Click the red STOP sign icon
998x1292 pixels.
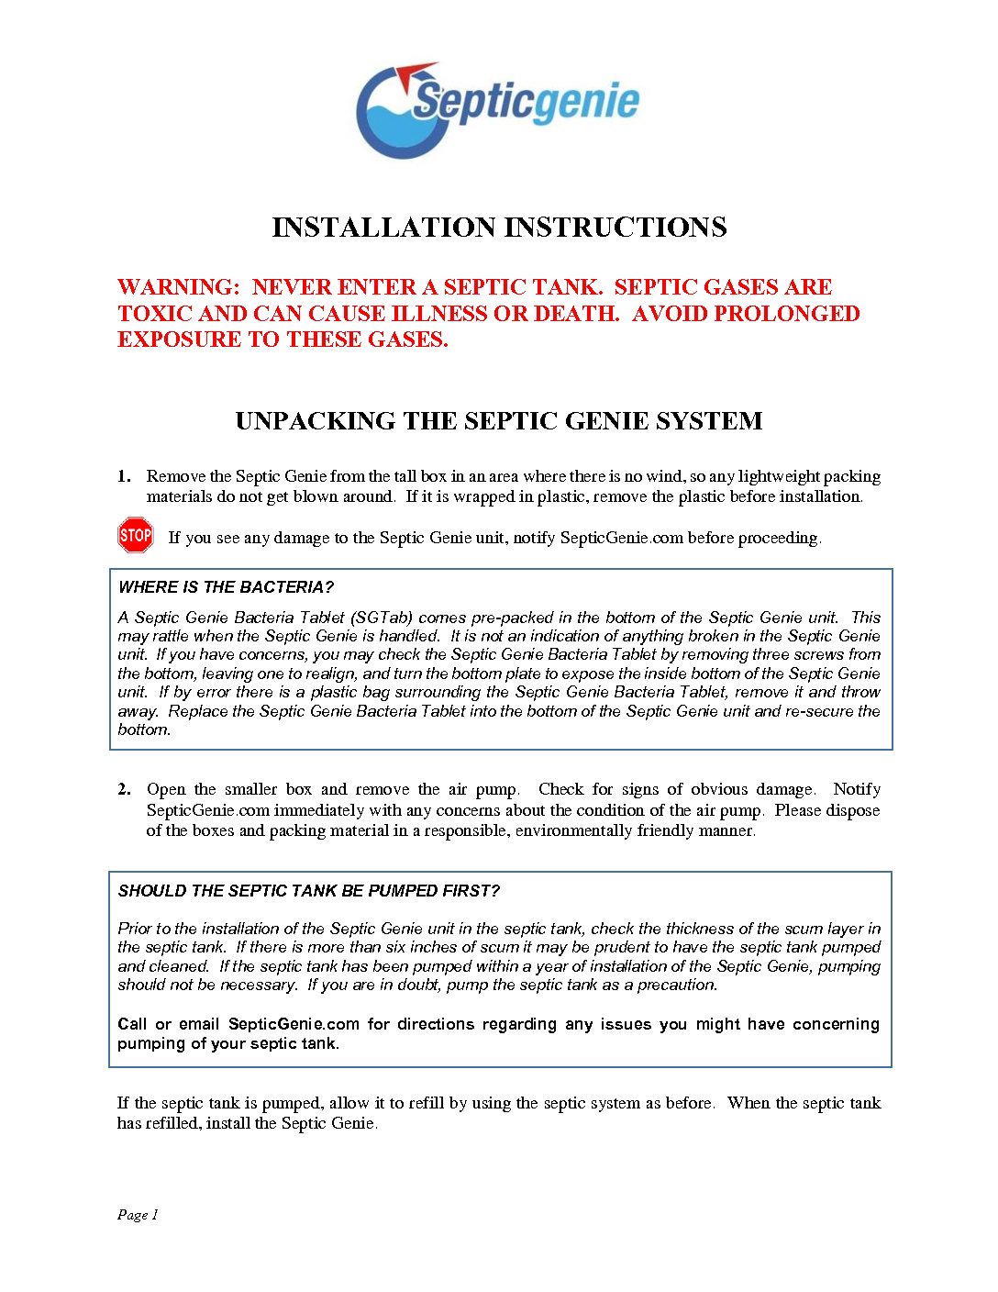coord(136,535)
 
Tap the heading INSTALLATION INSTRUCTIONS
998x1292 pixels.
coord(499,228)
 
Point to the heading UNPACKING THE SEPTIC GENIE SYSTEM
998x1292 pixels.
coord(499,421)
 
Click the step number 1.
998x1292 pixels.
coord(123,476)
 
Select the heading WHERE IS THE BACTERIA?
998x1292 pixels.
coord(226,587)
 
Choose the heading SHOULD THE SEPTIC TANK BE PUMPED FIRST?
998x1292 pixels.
coord(308,891)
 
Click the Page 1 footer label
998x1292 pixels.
coord(138,1215)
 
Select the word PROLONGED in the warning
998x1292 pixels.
coord(786,314)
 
